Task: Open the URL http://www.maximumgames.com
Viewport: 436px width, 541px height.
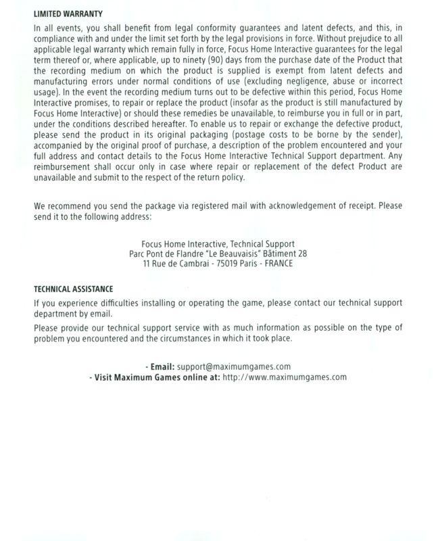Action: pos(285,377)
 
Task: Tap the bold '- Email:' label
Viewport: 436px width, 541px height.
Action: pos(160,367)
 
